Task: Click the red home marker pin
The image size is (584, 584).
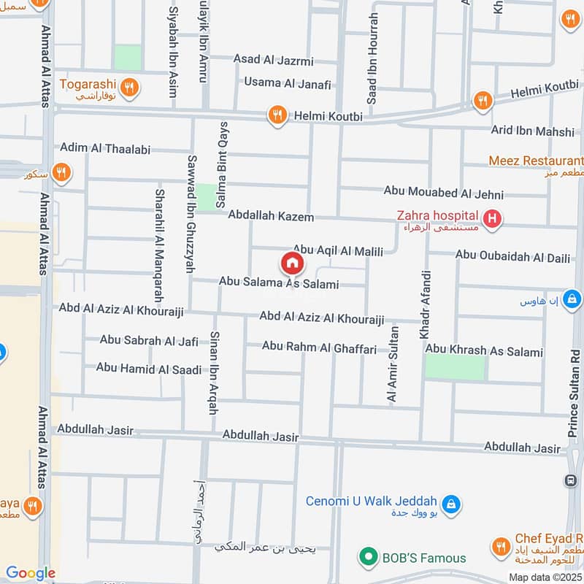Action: pos(291,263)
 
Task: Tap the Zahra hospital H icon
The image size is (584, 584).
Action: pos(493,218)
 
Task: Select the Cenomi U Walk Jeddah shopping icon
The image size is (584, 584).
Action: pos(451,503)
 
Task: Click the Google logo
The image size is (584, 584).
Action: pos(30,573)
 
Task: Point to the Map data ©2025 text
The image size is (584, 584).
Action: pos(545,577)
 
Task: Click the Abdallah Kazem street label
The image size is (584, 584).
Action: pos(270,217)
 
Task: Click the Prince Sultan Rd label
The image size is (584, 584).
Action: pos(574,394)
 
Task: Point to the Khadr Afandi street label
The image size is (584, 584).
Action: pos(426,304)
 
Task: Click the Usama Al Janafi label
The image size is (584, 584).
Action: pos(288,83)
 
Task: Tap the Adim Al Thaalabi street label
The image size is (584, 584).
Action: pos(105,149)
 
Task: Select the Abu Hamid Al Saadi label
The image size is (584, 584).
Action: pos(148,369)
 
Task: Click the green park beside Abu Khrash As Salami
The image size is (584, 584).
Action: pos(454,368)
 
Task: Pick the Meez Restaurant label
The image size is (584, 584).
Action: pos(536,161)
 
